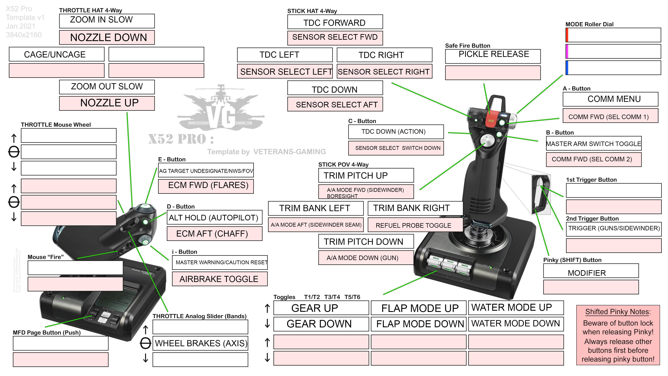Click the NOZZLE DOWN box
(x=107, y=38)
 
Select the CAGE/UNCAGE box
(x=57, y=54)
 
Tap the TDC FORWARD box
(x=335, y=22)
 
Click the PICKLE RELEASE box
(x=493, y=56)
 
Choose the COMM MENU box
(x=610, y=99)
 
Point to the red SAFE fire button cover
(x=490, y=120)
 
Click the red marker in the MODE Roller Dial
(x=567, y=35)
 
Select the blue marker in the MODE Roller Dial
(x=567, y=68)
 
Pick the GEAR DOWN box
(x=321, y=324)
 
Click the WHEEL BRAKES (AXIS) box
(x=200, y=343)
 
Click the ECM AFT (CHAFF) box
(x=214, y=234)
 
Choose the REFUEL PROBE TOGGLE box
(x=415, y=225)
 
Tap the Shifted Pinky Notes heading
(x=618, y=312)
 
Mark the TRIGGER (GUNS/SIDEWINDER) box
(x=614, y=229)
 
